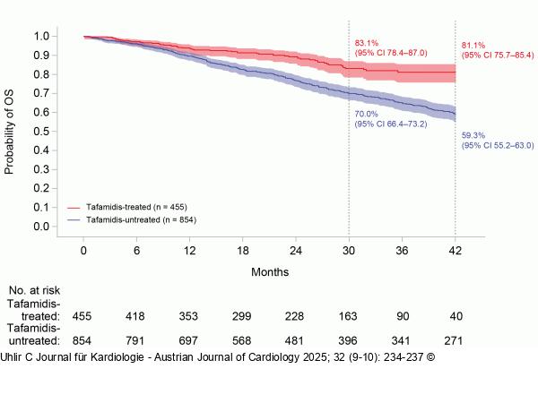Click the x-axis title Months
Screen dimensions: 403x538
270,270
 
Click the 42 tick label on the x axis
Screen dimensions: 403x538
456,251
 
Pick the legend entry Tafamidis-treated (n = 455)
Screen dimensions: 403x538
135,206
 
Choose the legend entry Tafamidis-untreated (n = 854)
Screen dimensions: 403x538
140,219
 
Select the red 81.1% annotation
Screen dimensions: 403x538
473,45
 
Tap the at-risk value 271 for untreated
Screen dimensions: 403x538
456,340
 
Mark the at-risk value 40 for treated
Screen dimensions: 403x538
456,316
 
